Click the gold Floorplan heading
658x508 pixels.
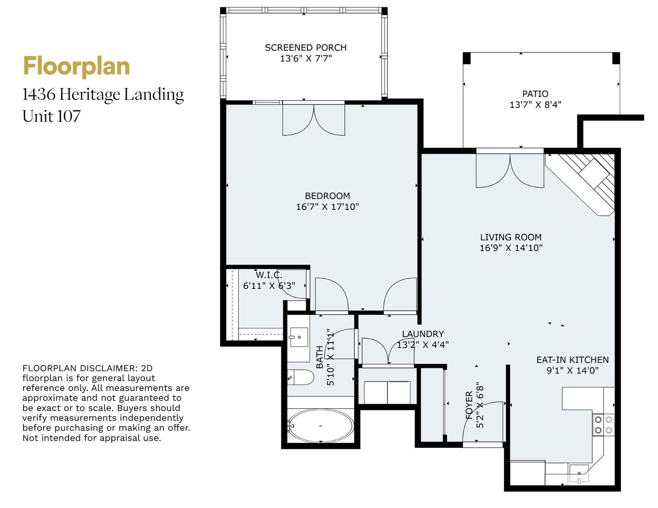click(x=76, y=67)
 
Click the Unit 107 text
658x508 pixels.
click(x=51, y=116)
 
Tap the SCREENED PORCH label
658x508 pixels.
click(x=305, y=48)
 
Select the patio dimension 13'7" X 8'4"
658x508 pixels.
click(x=535, y=104)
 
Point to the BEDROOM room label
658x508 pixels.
click(x=327, y=196)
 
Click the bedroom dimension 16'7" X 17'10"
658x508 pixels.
click(x=327, y=207)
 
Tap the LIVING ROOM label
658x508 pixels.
click(x=511, y=237)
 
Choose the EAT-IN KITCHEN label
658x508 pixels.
click(x=572, y=360)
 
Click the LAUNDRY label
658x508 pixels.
click(x=423, y=334)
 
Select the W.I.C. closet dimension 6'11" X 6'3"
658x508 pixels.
click(x=269, y=286)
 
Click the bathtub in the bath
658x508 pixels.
click(x=321, y=426)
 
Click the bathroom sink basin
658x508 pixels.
click(x=298, y=337)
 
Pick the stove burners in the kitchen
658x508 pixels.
click(x=603, y=425)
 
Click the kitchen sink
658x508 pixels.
click(x=579, y=474)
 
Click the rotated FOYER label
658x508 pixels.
click(x=469, y=405)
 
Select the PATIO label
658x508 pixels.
click(x=535, y=94)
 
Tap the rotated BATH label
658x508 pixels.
click(x=320, y=357)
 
